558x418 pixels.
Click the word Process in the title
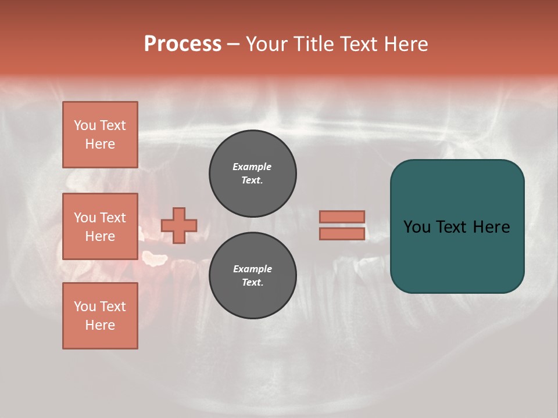coord(183,44)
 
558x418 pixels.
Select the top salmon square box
coord(100,135)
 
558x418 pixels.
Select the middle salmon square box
coord(100,226)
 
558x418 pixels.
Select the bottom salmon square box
coord(100,316)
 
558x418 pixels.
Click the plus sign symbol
coord(179,225)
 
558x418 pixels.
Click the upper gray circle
coord(253,174)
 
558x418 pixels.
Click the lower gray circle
coord(253,276)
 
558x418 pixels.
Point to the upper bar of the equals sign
coord(342,217)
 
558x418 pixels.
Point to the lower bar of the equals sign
coord(342,234)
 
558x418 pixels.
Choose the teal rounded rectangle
coord(457,255)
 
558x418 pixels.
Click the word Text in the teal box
coord(455,227)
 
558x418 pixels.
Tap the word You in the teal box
coord(417,227)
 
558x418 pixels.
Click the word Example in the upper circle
coord(252,167)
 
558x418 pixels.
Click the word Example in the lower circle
coord(252,269)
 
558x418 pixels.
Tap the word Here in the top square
coord(100,144)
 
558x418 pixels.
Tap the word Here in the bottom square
coord(100,325)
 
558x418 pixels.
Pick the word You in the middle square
coord(84,218)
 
